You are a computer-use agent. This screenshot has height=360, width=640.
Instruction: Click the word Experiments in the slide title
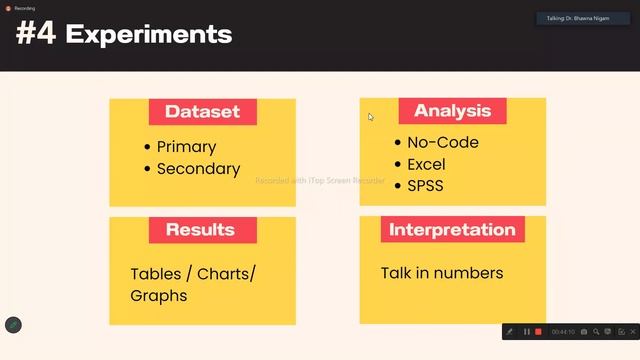(149, 35)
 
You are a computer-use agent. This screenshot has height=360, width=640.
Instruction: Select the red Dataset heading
(202, 112)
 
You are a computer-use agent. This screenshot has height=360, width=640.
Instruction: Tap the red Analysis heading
(453, 111)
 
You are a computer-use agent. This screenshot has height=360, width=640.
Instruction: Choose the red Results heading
(200, 230)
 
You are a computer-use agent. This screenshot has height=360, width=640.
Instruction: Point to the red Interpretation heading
(452, 230)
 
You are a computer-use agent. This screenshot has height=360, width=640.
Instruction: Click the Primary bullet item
(186, 147)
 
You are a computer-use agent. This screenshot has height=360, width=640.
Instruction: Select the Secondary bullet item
(198, 169)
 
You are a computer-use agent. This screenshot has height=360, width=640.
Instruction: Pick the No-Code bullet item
(442, 142)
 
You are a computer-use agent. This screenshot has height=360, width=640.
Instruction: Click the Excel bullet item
(426, 164)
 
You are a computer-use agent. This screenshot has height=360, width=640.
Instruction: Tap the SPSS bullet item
(425, 185)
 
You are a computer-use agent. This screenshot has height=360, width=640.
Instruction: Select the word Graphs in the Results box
(158, 296)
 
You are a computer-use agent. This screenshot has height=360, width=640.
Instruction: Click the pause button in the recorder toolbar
(527, 331)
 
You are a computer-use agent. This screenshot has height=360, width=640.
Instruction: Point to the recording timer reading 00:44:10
(562, 331)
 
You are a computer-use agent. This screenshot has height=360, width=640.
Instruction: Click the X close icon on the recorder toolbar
(633, 331)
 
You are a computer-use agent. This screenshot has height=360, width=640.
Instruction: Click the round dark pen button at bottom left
(13, 324)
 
